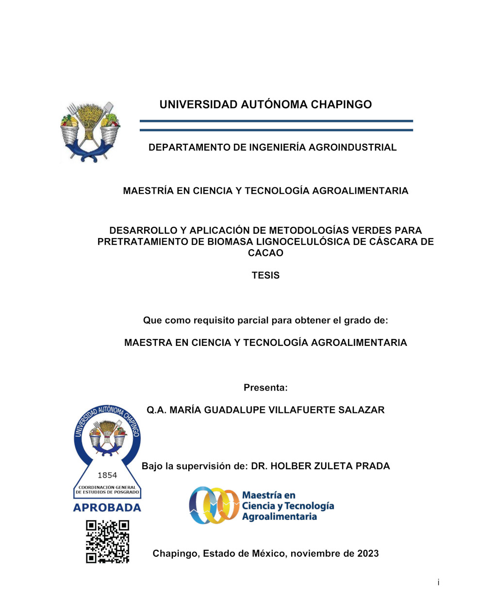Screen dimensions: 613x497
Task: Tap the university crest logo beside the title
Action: (x=90, y=132)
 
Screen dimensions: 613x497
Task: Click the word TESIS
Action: (x=265, y=275)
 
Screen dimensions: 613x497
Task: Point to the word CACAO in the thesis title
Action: (x=265, y=253)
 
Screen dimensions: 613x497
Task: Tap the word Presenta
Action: (x=265, y=388)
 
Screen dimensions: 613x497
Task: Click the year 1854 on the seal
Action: (x=107, y=475)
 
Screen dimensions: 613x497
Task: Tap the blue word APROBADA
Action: (x=107, y=508)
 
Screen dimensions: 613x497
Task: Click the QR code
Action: (x=108, y=542)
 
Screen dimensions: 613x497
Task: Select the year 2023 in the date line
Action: (x=368, y=553)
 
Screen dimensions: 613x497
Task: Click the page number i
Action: (x=438, y=582)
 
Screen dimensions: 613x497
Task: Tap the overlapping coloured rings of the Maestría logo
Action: (x=213, y=506)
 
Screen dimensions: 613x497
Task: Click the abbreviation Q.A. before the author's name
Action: (x=157, y=410)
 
